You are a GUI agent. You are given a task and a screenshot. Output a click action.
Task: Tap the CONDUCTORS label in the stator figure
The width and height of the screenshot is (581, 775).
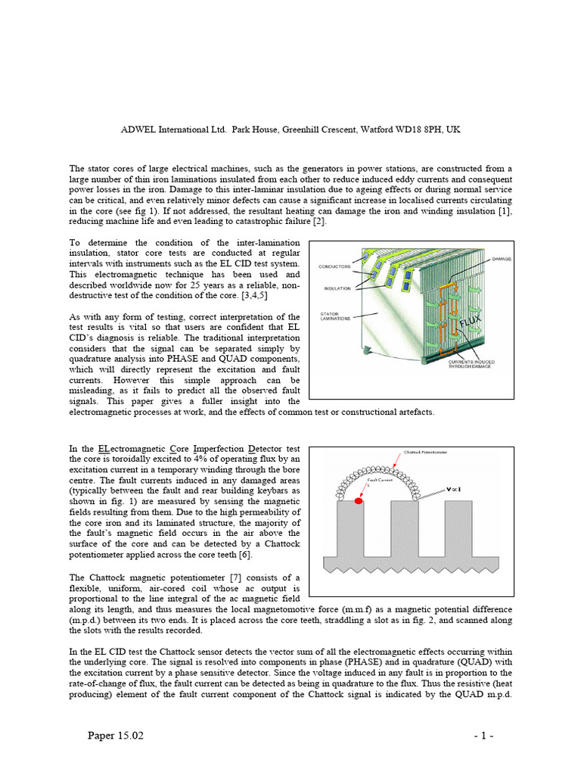(x=337, y=266)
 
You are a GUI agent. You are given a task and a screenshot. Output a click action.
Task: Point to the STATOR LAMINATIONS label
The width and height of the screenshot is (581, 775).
(x=337, y=316)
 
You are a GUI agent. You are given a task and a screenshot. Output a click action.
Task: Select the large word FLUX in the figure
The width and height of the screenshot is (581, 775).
(x=455, y=333)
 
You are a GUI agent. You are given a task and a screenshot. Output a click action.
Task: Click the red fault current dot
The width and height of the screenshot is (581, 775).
(x=359, y=501)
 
